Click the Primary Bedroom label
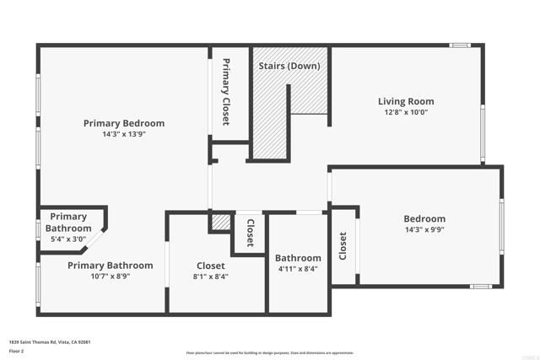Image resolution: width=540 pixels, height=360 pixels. [x=124, y=123]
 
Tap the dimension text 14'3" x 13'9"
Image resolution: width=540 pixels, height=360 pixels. [x=124, y=134]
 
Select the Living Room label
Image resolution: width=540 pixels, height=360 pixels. [x=405, y=101]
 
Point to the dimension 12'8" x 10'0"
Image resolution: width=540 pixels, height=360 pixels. [x=405, y=112]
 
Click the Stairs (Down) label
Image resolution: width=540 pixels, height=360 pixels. [x=289, y=66]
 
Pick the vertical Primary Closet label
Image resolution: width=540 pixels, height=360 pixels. [x=226, y=92]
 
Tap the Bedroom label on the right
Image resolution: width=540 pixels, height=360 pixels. [x=424, y=219]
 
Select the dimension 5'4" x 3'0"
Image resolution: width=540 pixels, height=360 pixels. [x=69, y=239]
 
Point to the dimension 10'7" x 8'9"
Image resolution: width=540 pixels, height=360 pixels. [x=99, y=276]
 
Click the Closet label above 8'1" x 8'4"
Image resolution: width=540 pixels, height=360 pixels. [x=211, y=265]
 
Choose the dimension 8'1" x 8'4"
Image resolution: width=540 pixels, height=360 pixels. [x=211, y=276]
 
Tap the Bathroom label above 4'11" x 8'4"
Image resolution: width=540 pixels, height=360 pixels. [x=298, y=258]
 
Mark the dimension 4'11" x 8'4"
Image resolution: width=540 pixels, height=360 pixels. [x=298, y=269]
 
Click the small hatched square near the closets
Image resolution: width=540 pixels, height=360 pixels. [x=221, y=223]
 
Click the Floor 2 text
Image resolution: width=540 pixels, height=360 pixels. [x=15, y=350]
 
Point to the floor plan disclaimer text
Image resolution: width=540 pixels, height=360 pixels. [x=269, y=353]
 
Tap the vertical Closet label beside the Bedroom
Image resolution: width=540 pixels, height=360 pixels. [x=343, y=246]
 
